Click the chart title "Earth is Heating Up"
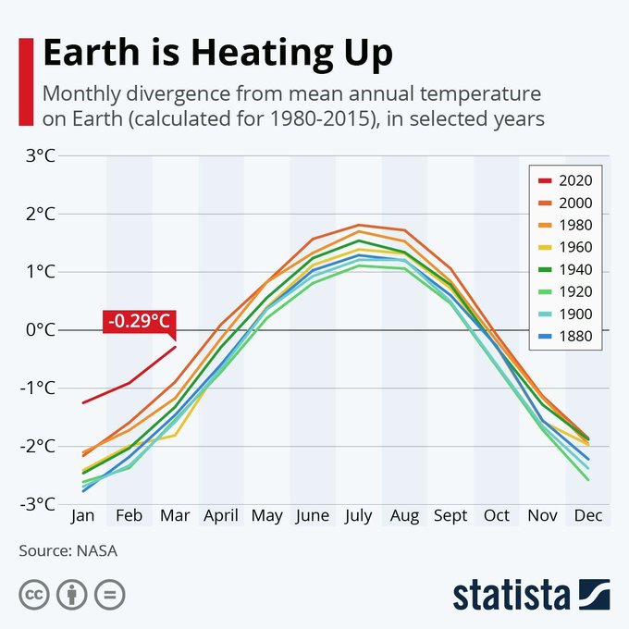coord(217,54)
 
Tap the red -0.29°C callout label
coord(138,322)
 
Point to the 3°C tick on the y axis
coord(38,155)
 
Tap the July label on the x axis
coord(358,515)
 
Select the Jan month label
coord(83,515)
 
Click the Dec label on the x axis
coord(587,515)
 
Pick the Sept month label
coord(450,515)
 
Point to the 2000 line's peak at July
coord(358,225)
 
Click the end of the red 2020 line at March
coord(175,347)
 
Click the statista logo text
coord(512,595)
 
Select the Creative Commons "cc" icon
coord(34,594)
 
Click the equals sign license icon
coord(109,594)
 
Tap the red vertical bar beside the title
coord(26,80)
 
